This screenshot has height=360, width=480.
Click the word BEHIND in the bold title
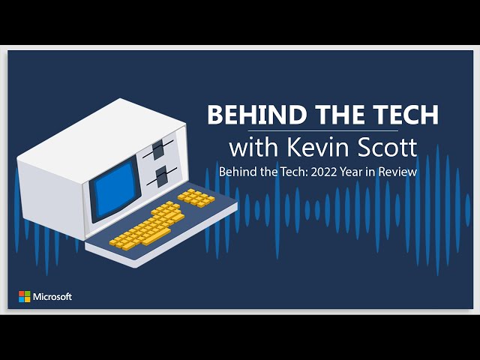[x=257, y=114]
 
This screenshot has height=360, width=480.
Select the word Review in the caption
[x=397, y=172]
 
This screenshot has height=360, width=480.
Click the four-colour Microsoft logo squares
[x=25, y=297]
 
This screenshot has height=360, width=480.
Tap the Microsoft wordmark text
[x=52, y=297]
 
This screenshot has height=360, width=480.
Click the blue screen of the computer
[x=115, y=189]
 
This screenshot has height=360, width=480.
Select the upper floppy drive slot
[x=158, y=150]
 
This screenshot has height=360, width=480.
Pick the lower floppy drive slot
[x=162, y=177]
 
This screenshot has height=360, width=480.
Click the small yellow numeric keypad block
[x=196, y=198]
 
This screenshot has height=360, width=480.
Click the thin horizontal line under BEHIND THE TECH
[x=323, y=131]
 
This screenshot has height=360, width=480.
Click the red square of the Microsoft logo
[x=22, y=293]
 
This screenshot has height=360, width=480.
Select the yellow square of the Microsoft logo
[x=28, y=300]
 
